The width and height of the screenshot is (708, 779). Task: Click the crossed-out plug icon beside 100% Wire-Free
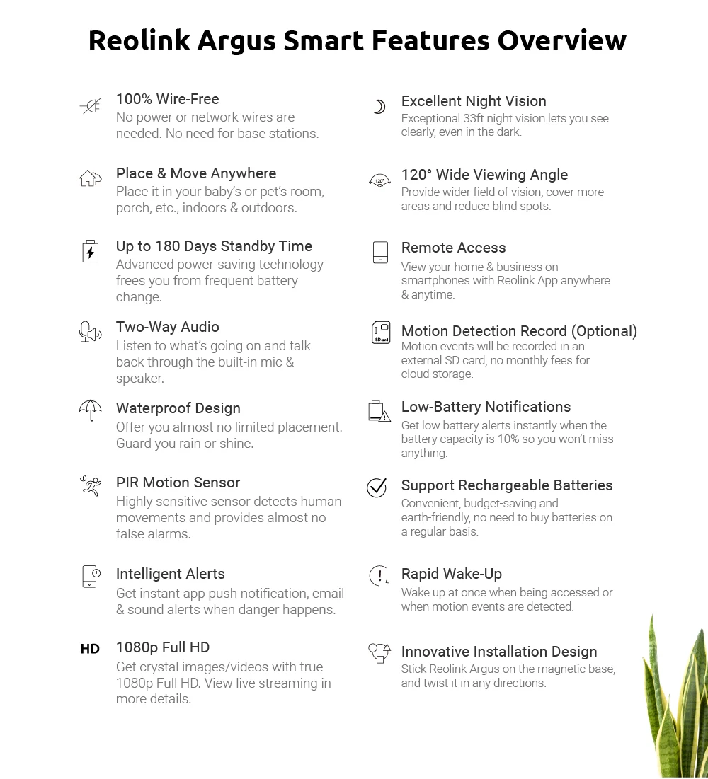click(91, 107)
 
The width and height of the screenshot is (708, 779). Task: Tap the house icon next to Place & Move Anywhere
click(90, 178)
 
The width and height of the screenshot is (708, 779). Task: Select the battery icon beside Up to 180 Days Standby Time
click(90, 252)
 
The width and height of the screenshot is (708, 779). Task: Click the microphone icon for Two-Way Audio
click(90, 331)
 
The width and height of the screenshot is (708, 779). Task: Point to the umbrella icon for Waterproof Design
click(90, 410)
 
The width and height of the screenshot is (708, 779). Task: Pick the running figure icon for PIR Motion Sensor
click(90, 485)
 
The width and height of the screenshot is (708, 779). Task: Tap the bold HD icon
click(90, 649)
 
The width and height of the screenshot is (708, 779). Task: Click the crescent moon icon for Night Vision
click(379, 107)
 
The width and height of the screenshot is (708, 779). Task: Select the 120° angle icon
click(379, 180)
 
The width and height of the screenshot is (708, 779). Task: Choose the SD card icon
click(381, 333)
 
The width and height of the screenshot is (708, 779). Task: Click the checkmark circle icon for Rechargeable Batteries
click(377, 487)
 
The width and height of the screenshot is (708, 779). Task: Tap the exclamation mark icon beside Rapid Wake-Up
click(379, 576)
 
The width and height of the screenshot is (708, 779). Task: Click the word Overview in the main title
click(561, 40)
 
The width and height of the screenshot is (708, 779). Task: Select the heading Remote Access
click(453, 248)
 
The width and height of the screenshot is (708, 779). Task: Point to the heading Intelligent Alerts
click(170, 574)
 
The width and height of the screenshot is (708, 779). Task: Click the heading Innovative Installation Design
click(498, 652)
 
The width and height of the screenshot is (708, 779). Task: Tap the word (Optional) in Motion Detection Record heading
click(604, 331)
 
